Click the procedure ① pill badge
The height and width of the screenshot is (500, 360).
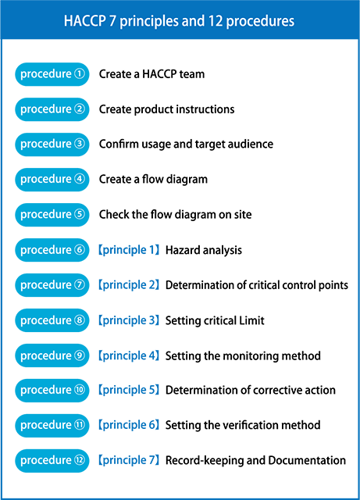coord(52,74)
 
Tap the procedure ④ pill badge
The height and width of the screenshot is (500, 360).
coord(52,180)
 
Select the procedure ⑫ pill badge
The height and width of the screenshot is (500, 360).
coord(52,461)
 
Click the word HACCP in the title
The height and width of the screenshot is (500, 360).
coord(84,21)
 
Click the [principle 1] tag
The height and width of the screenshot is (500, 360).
coord(129,250)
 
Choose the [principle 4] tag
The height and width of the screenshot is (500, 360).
coord(129,355)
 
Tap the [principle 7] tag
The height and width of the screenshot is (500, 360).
coord(129,460)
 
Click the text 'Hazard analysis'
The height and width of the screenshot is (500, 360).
coord(204,250)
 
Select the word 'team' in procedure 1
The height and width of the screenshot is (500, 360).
coord(192,74)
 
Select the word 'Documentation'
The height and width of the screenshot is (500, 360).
coord(307,460)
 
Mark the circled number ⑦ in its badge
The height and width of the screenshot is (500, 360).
coord(80,284)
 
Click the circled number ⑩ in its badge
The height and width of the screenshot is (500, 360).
coord(80,390)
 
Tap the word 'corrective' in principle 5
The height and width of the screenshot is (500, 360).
coord(277,391)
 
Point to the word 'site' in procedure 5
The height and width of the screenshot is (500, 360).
coord(243,215)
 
